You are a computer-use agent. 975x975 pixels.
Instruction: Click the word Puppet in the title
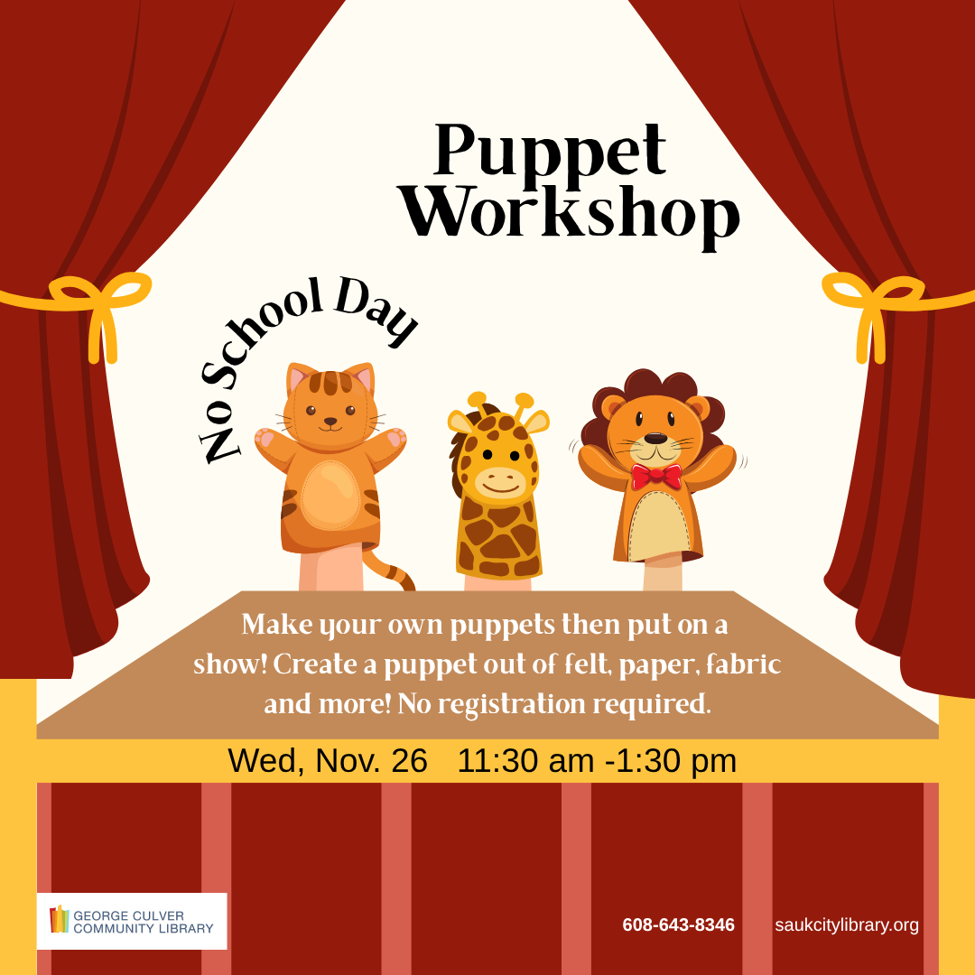point(550,151)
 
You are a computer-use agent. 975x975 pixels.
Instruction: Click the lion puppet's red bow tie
point(656,475)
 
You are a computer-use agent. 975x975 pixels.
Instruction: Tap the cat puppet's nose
point(330,421)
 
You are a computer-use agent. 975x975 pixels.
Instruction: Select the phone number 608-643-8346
point(678,925)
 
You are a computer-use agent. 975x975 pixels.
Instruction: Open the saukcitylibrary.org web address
point(846,925)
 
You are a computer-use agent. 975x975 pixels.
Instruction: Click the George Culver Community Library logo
point(132,921)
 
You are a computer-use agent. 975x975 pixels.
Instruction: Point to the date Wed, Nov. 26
point(327,761)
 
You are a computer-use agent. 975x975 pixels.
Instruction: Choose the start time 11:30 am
point(525,761)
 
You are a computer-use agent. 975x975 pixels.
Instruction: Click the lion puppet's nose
point(656,438)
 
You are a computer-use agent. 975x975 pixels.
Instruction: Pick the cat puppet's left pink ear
point(297,379)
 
